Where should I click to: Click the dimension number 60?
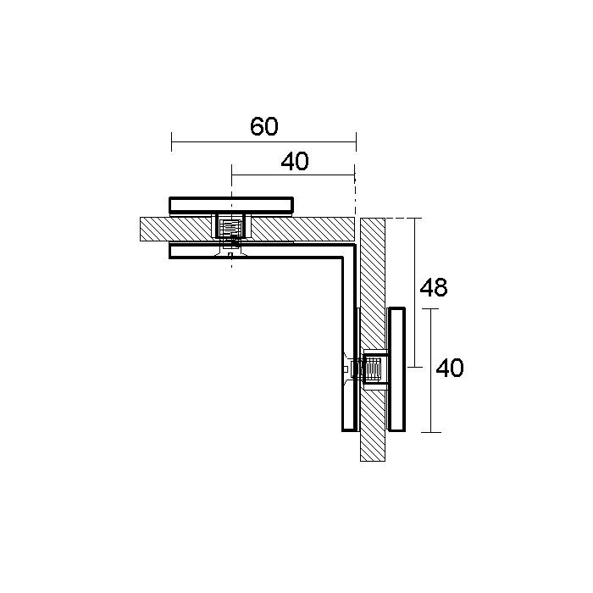pos(264,126)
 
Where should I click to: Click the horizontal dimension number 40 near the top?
pos(295,161)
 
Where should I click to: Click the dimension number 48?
pos(434,287)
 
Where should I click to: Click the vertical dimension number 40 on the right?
pos(450,368)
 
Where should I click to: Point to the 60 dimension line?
pos(264,142)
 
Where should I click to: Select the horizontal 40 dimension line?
pos(293,175)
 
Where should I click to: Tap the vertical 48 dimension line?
pos(415,293)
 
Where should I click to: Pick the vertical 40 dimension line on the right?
pos(431,371)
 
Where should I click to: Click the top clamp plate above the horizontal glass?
pos(231,205)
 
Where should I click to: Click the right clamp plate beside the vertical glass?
pos(396,369)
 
